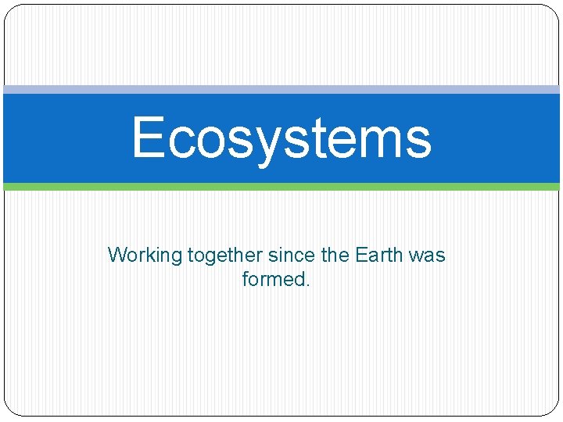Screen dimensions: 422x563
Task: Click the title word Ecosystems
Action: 281,138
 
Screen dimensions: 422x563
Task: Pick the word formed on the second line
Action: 274,279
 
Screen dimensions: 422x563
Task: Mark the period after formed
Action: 308,284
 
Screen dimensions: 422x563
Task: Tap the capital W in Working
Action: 117,255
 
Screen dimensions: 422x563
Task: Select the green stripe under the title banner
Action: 281,187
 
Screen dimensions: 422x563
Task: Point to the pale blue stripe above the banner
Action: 281,90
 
